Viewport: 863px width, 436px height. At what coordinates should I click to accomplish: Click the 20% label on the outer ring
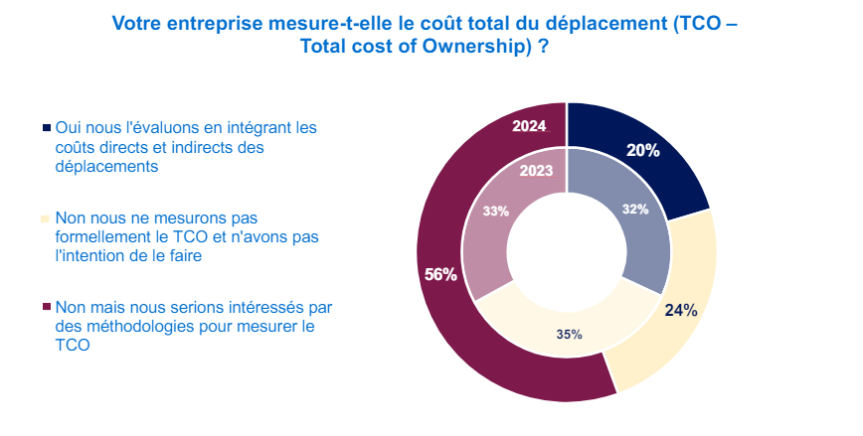pyautogui.click(x=643, y=150)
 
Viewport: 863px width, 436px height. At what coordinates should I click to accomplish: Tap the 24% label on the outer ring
pyautogui.click(x=681, y=310)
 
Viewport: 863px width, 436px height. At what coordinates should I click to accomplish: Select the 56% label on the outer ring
pyautogui.click(x=440, y=274)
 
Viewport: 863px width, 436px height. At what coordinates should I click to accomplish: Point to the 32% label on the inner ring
pyautogui.click(x=635, y=209)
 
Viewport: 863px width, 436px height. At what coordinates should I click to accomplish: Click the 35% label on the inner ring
pyautogui.click(x=569, y=335)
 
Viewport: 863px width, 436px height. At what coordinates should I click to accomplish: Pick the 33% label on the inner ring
pyautogui.click(x=495, y=211)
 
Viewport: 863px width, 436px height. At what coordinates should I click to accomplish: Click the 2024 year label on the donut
pyautogui.click(x=529, y=126)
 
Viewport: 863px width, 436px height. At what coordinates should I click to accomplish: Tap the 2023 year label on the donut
pyautogui.click(x=536, y=171)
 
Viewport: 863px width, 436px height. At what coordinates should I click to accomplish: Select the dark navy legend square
pyautogui.click(x=46, y=127)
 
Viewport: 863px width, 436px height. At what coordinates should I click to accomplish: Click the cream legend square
pyautogui.click(x=46, y=218)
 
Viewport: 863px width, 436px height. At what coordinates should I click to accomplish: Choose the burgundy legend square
pyautogui.click(x=46, y=306)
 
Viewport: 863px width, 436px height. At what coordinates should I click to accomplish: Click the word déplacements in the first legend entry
pyautogui.click(x=106, y=167)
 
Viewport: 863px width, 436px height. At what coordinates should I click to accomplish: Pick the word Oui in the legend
pyautogui.click(x=66, y=127)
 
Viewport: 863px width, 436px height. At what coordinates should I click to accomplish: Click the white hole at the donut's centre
pyautogui.click(x=567, y=252)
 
